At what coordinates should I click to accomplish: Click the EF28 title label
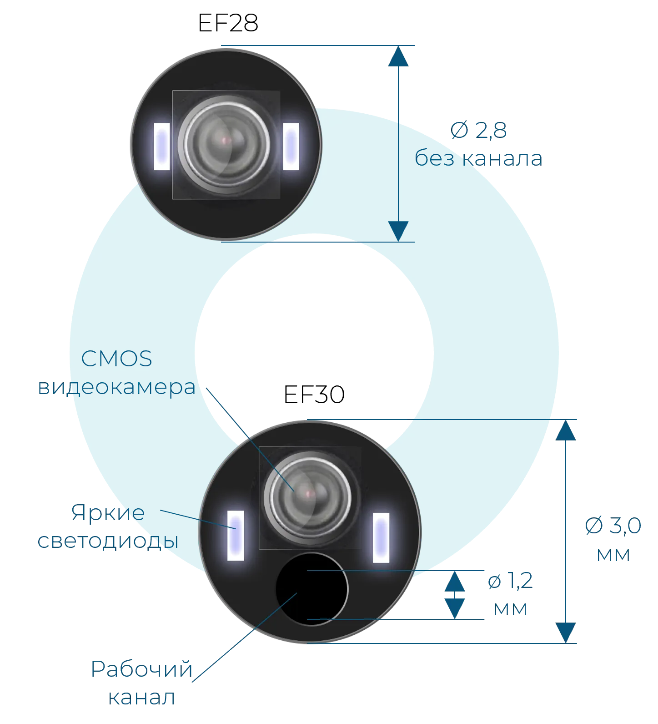(228, 23)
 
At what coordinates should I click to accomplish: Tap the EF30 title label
(314, 395)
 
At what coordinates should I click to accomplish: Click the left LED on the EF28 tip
(162, 147)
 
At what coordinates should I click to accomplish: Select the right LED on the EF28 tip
(291, 147)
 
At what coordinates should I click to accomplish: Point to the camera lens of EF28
(224, 144)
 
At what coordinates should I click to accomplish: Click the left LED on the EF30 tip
(236, 536)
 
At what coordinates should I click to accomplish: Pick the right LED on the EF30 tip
(381, 537)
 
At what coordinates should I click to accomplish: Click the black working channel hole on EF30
(312, 589)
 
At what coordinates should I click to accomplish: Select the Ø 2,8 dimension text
(478, 130)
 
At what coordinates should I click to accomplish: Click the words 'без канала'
(478, 158)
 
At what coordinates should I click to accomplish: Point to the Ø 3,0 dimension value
(613, 526)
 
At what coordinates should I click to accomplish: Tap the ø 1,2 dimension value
(510, 581)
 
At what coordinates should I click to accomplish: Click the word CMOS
(117, 359)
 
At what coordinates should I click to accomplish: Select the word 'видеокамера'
(117, 387)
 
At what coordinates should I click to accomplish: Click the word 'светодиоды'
(108, 541)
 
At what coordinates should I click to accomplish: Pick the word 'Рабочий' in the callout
(142, 669)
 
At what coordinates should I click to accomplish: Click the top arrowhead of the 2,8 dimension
(398, 56)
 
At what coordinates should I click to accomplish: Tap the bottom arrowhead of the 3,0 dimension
(566, 633)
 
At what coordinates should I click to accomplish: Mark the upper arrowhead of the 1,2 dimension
(455, 581)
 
